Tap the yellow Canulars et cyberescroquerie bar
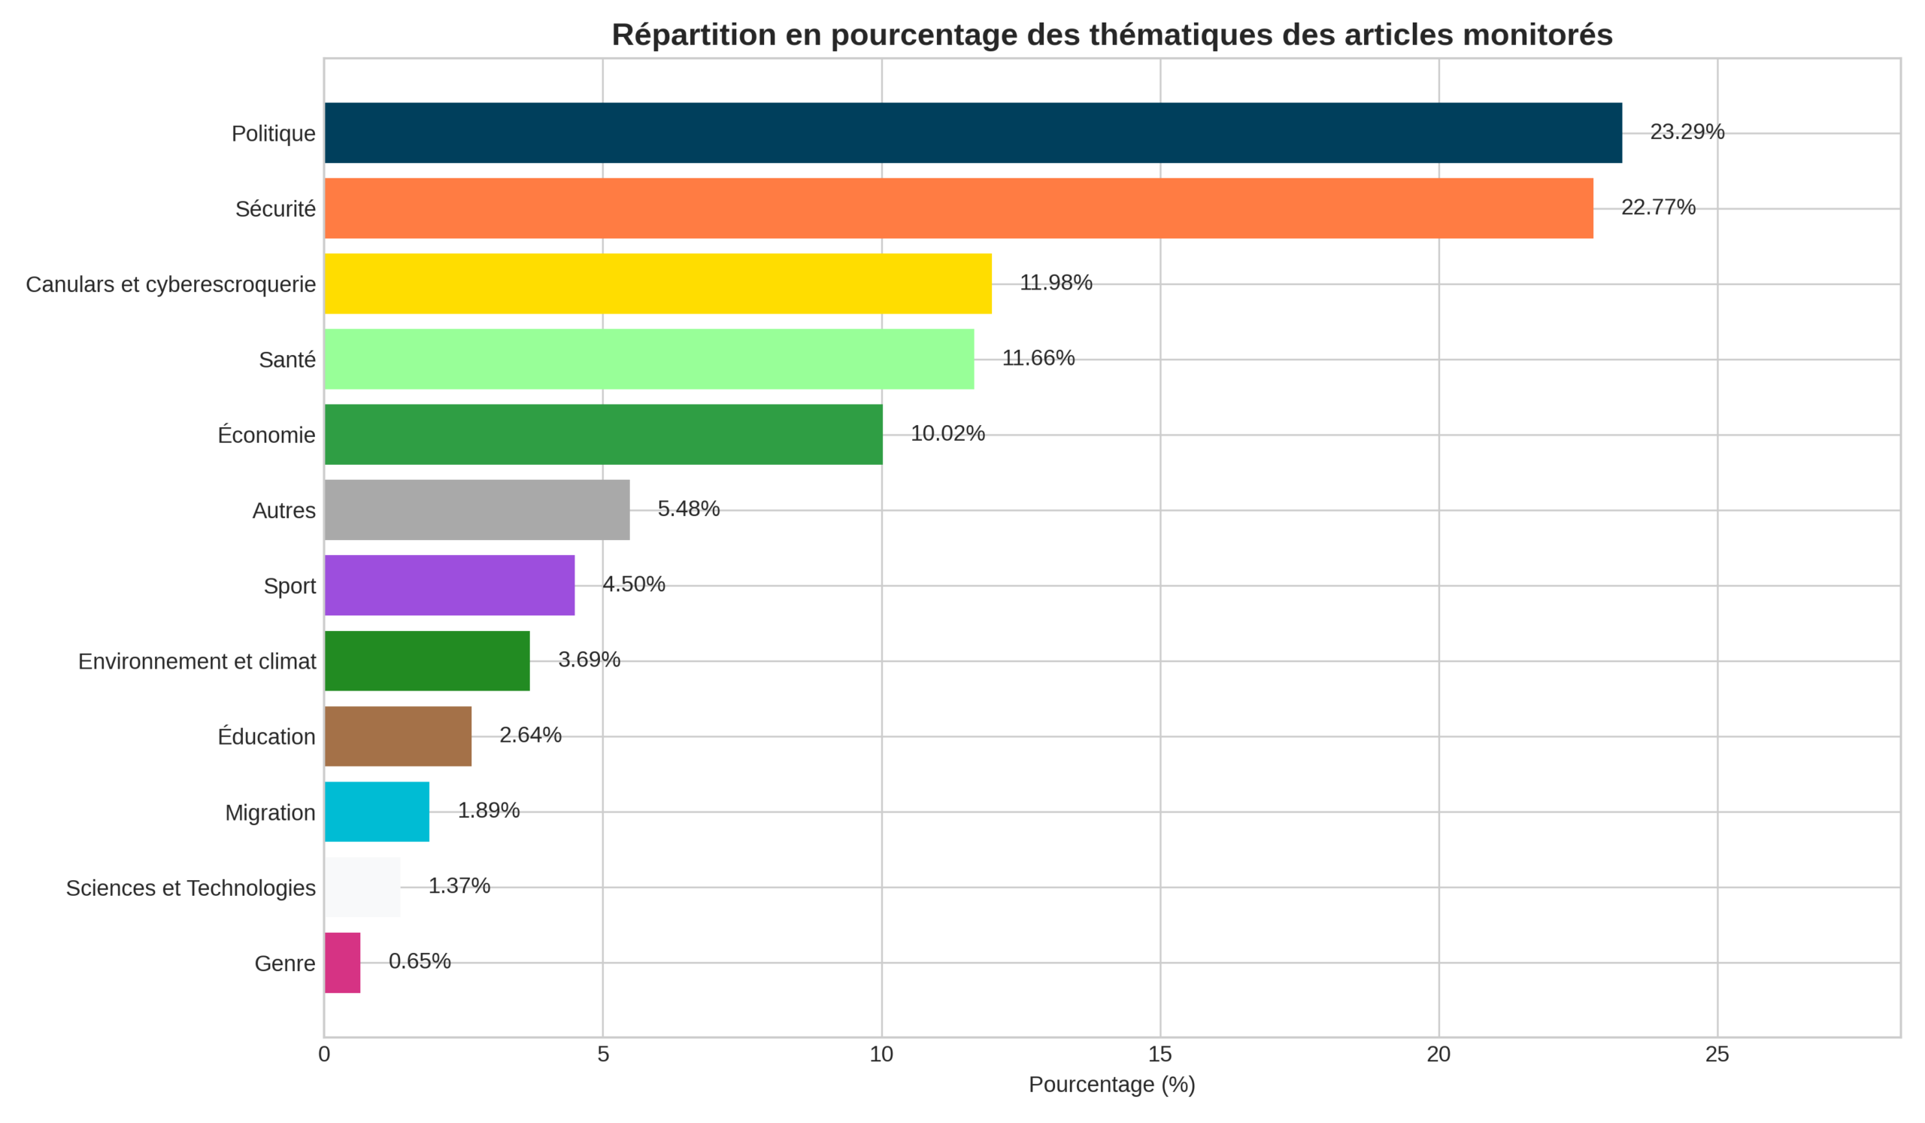pyautogui.click(x=658, y=284)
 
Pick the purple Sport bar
pyautogui.click(x=449, y=585)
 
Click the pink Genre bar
pyautogui.click(x=342, y=963)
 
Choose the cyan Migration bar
pyautogui.click(x=377, y=812)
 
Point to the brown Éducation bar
pyautogui.click(x=398, y=736)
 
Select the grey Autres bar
pyautogui.click(x=477, y=509)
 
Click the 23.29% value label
pyautogui.click(x=1687, y=132)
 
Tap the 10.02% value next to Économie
pyautogui.click(x=947, y=433)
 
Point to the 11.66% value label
pyautogui.click(x=1038, y=358)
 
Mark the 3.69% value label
pyautogui.click(x=589, y=660)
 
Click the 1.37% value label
pyautogui.click(x=459, y=885)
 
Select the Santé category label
pyautogui.click(x=286, y=360)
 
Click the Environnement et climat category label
pyautogui.click(x=196, y=662)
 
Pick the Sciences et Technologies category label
pyautogui.click(x=190, y=888)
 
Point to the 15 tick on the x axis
pyautogui.click(x=1160, y=1055)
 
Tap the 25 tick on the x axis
pyautogui.click(x=1717, y=1055)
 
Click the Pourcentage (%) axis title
pyautogui.click(x=1111, y=1085)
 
